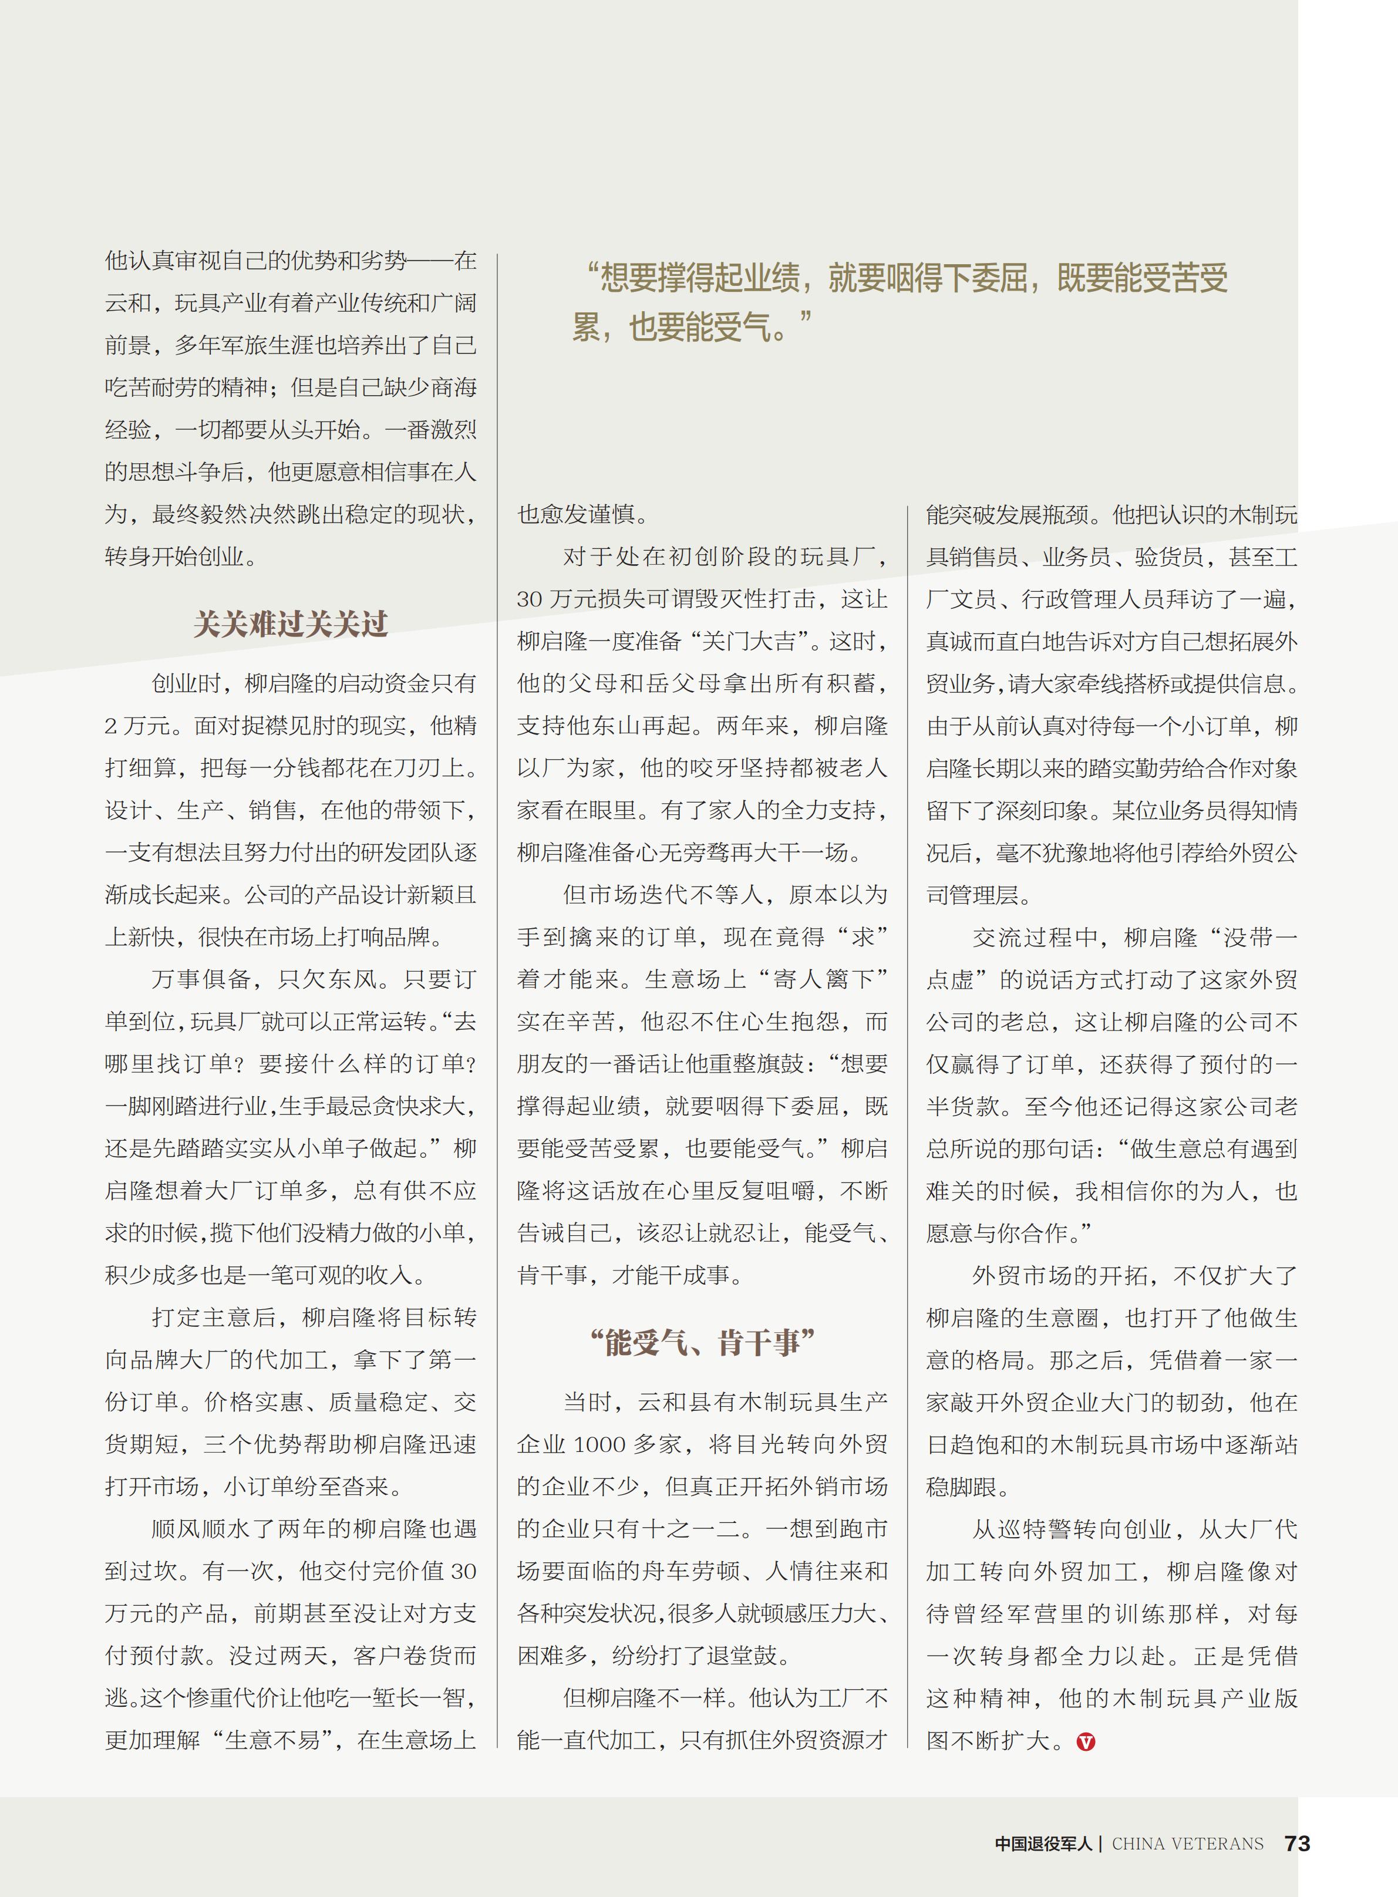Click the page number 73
click(x=1296, y=1844)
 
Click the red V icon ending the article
click(x=1086, y=1741)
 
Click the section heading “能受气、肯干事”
click(x=702, y=1343)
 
